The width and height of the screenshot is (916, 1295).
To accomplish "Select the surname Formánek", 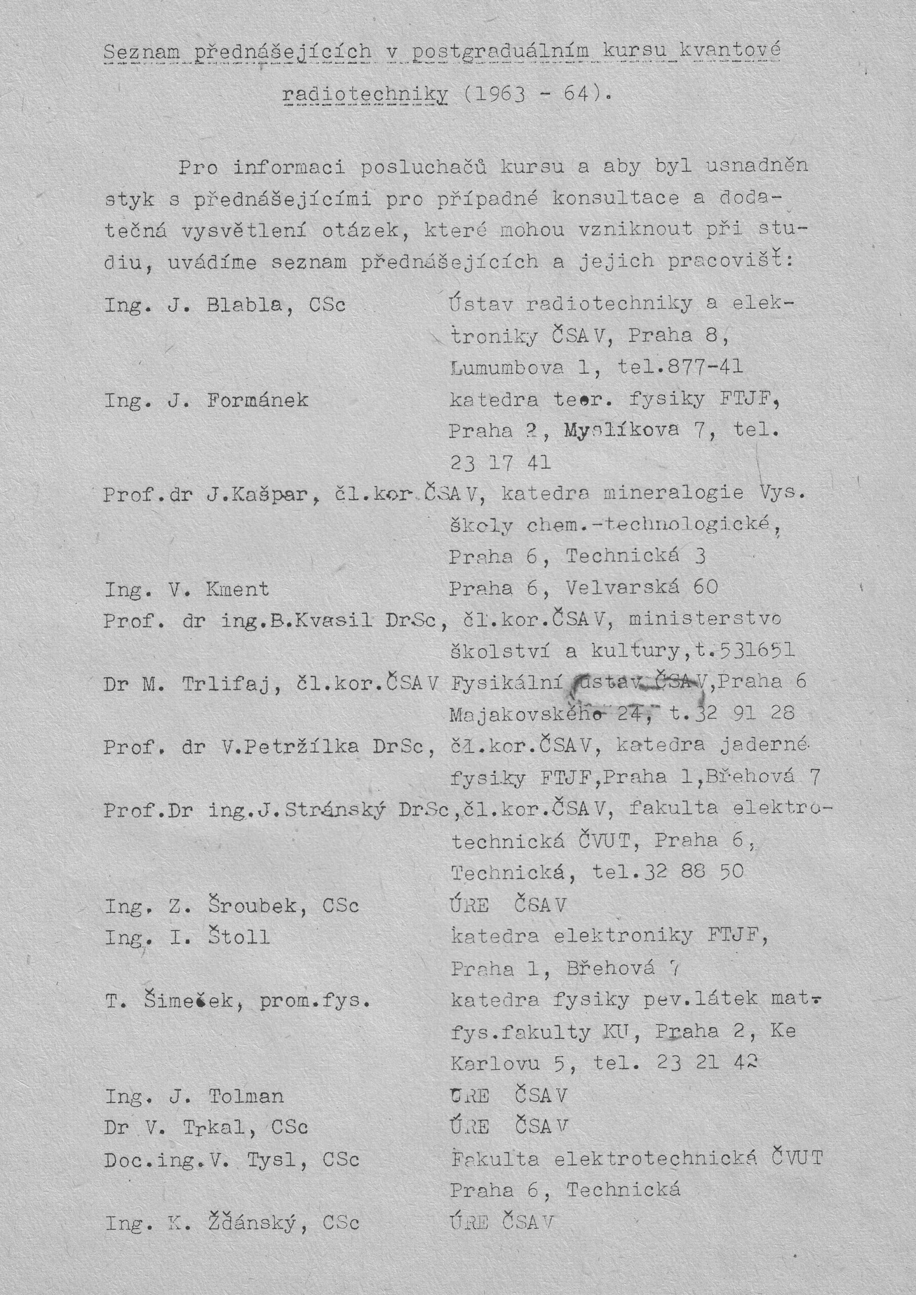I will (258, 401).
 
